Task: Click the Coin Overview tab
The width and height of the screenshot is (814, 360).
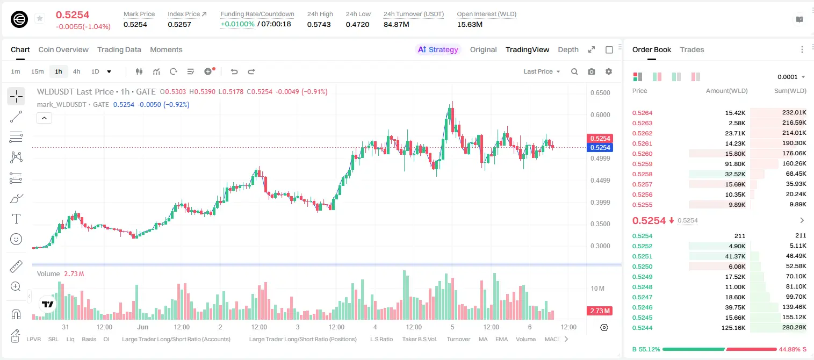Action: click(x=63, y=49)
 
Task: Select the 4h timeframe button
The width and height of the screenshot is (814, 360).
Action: click(x=76, y=71)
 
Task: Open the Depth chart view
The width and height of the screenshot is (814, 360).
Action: click(x=568, y=49)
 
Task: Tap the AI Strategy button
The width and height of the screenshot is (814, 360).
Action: click(x=438, y=49)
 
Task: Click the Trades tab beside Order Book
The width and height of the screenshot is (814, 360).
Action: click(x=692, y=49)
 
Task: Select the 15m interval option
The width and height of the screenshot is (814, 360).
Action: click(x=38, y=71)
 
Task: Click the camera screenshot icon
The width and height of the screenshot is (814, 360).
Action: click(x=592, y=71)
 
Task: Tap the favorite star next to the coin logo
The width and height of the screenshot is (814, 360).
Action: click(x=40, y=18)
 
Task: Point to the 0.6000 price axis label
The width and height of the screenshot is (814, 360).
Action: click(x=600, y=115)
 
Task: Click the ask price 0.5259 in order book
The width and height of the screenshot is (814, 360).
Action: click(x=642, y=164)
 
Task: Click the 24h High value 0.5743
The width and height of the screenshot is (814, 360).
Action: click(x=319, y=24)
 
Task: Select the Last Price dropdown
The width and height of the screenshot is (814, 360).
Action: click(x=542, y=71)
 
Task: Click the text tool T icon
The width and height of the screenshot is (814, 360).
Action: click(x=16, y=219)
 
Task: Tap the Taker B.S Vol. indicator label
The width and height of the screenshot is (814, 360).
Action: click(x=420, y=339)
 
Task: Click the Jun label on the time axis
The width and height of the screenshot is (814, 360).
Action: click(x=142, y=327)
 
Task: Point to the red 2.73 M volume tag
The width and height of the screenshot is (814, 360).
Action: click(x=600, y=311)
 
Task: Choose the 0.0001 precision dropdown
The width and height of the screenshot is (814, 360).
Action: click(x=791, y=77)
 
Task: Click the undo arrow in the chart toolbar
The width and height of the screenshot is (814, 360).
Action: click(x=234, y=71)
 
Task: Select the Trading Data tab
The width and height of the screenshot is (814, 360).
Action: click(x=119, y=49)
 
